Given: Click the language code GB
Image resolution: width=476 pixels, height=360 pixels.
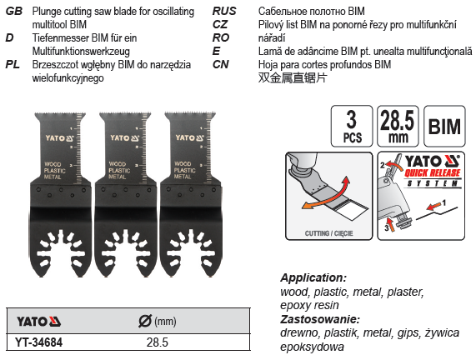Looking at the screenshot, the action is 14,12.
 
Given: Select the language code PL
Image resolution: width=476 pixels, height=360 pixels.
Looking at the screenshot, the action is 13,65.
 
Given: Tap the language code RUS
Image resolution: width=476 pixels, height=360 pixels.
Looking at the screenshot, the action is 224,12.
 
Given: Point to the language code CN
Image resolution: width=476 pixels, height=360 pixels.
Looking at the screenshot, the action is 220,65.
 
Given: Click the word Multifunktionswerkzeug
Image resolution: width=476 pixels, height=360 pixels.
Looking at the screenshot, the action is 81,52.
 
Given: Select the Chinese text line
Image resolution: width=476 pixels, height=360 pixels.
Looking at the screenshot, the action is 293,77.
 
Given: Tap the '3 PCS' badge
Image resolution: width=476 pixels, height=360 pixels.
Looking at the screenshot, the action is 352,127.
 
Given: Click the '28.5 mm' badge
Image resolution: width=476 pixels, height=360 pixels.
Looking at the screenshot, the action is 398,127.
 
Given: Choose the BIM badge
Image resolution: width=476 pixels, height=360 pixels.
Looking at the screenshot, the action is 444,127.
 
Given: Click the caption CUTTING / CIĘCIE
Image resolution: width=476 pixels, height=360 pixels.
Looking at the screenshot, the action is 328,233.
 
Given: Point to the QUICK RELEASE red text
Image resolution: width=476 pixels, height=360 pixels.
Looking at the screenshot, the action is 433,173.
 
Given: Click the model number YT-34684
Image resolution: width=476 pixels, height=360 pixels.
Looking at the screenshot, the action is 39,342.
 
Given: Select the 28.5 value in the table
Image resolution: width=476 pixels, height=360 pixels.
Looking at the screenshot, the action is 158,342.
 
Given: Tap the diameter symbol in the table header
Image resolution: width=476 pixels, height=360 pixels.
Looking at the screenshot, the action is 145,321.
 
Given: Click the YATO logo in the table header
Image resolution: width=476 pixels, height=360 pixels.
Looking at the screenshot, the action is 38,322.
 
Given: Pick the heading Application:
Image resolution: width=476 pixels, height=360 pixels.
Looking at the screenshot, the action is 313,277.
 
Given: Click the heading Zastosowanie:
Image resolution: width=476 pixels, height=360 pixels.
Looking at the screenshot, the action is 320,319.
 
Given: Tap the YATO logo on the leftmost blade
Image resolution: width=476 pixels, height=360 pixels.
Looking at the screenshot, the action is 60,138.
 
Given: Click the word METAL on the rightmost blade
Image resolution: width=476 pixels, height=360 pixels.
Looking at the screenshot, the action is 183,177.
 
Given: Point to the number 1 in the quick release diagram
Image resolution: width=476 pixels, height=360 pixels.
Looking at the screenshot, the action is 444,202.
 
